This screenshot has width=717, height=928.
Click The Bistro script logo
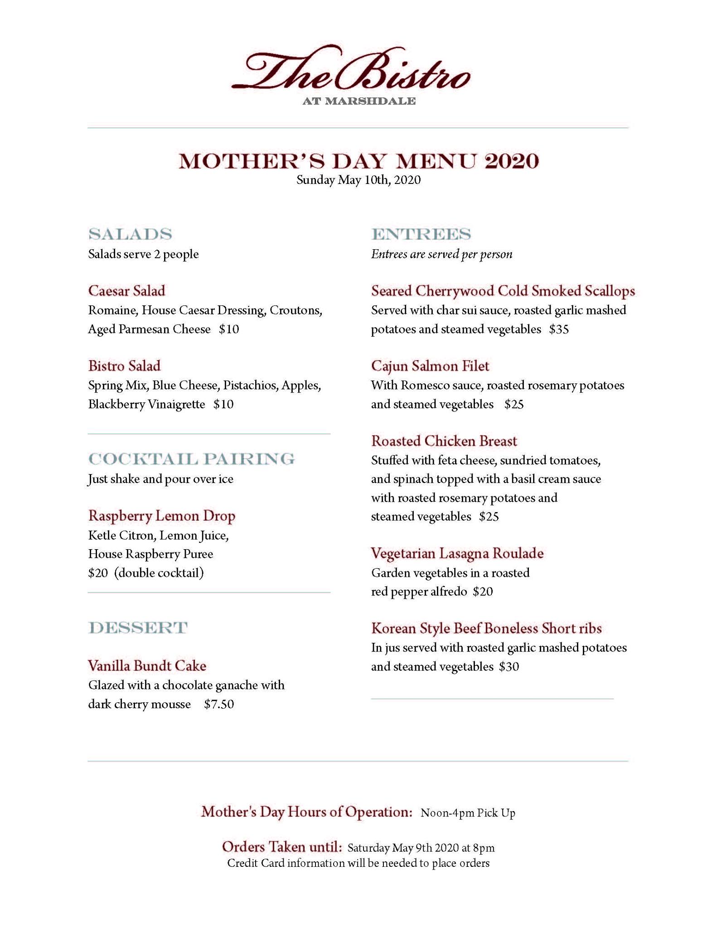click(351, 70)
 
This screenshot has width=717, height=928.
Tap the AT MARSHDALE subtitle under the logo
click(358, 101)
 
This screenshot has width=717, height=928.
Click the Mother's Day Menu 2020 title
click(358, 161)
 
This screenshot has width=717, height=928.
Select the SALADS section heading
click(130, 234)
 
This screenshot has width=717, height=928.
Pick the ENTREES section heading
click(421, 234)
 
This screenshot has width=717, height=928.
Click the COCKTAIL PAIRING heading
click(191, 459)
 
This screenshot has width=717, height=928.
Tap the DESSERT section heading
click(138, 628)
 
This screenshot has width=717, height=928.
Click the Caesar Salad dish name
click(126, 291)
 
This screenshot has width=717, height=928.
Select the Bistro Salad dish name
click(124, 366)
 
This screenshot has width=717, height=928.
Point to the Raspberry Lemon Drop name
click(161, 516)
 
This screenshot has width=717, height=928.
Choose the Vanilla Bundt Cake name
click(147, 666)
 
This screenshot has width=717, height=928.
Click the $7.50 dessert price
click(219, 704)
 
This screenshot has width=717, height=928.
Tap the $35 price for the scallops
click(559, 329)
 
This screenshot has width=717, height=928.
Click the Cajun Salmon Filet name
click(430, 366)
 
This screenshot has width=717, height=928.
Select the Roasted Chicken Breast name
click(444, 441)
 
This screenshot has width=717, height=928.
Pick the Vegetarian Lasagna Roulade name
click(457, 553)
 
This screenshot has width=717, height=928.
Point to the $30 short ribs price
click(509, 667)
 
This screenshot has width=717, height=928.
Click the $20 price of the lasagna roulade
click(483, 592)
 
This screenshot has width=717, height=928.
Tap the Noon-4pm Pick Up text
click(468, 813)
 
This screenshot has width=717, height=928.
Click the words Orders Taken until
click(281, 846)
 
